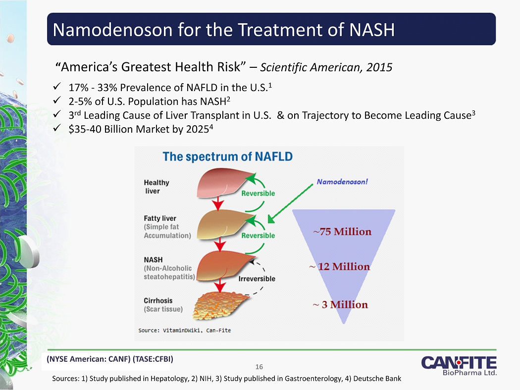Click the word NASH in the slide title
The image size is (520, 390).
(372, 30)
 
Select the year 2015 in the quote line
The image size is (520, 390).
(379, 67)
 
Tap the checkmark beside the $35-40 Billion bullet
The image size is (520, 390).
(57, 128)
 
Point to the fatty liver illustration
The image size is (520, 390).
(225, 224)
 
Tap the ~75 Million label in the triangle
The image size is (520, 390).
(342, 232)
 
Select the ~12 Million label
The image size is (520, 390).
(340, 266)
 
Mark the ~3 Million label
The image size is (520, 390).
(340, 304)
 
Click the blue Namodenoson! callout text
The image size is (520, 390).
(342, 182)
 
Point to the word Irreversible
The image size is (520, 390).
(257, 279)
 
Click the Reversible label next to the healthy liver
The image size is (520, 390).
(258, 193)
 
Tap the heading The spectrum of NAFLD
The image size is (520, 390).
(227, 156)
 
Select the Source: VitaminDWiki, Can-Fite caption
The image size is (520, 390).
(184, 330)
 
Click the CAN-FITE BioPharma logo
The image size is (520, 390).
(459, 366)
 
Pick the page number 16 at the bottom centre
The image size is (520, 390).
(259, 367)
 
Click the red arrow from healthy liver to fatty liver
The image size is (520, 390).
(218, 203)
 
